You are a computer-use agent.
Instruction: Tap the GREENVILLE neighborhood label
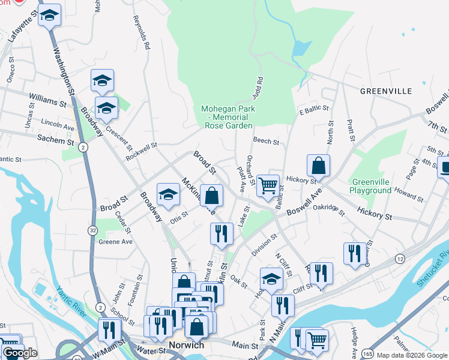[386, 91]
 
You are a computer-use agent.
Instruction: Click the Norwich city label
[187, 345]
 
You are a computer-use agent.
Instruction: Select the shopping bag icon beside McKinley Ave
[211, 196]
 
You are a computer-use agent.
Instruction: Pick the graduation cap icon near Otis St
[169, 194]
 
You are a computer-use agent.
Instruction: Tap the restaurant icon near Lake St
[221, 233]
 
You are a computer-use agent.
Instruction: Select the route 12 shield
[399, 258]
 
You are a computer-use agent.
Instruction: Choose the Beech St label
[266, 142]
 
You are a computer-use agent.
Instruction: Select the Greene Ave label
[115, 242]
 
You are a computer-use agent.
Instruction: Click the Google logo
[20, 353]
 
